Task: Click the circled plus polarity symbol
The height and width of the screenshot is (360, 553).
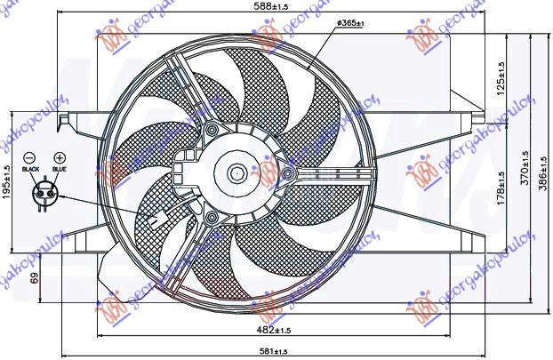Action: pos(60,155)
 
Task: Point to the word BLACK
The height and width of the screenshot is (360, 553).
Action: pos(31,168)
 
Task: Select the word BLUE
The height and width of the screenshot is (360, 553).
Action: pos(59,168)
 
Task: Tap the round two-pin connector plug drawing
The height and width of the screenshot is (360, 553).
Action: pos(44,192)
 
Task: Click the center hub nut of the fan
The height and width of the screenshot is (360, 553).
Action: pos(238,174)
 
